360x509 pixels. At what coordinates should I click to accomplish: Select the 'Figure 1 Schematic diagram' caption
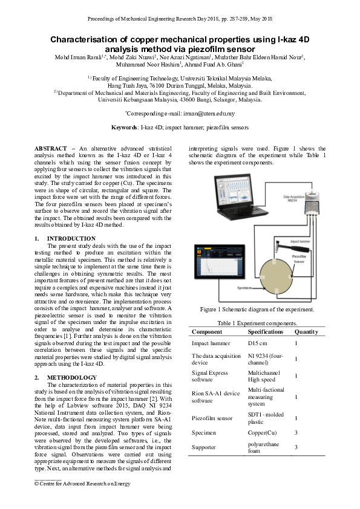click(x=257, y=310)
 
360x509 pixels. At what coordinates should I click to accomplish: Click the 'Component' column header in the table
click(x=208, y=332)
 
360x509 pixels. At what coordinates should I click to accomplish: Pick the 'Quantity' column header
click(x=306, y=332)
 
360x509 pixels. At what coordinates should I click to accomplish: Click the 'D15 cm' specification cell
click(x=257, y=343)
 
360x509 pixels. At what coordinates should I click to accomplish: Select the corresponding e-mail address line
click(x=180, y=113)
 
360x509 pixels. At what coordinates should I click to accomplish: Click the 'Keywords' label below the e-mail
click(x=124, y=128)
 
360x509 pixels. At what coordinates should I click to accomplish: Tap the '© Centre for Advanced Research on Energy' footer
click(x=82, y=484)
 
